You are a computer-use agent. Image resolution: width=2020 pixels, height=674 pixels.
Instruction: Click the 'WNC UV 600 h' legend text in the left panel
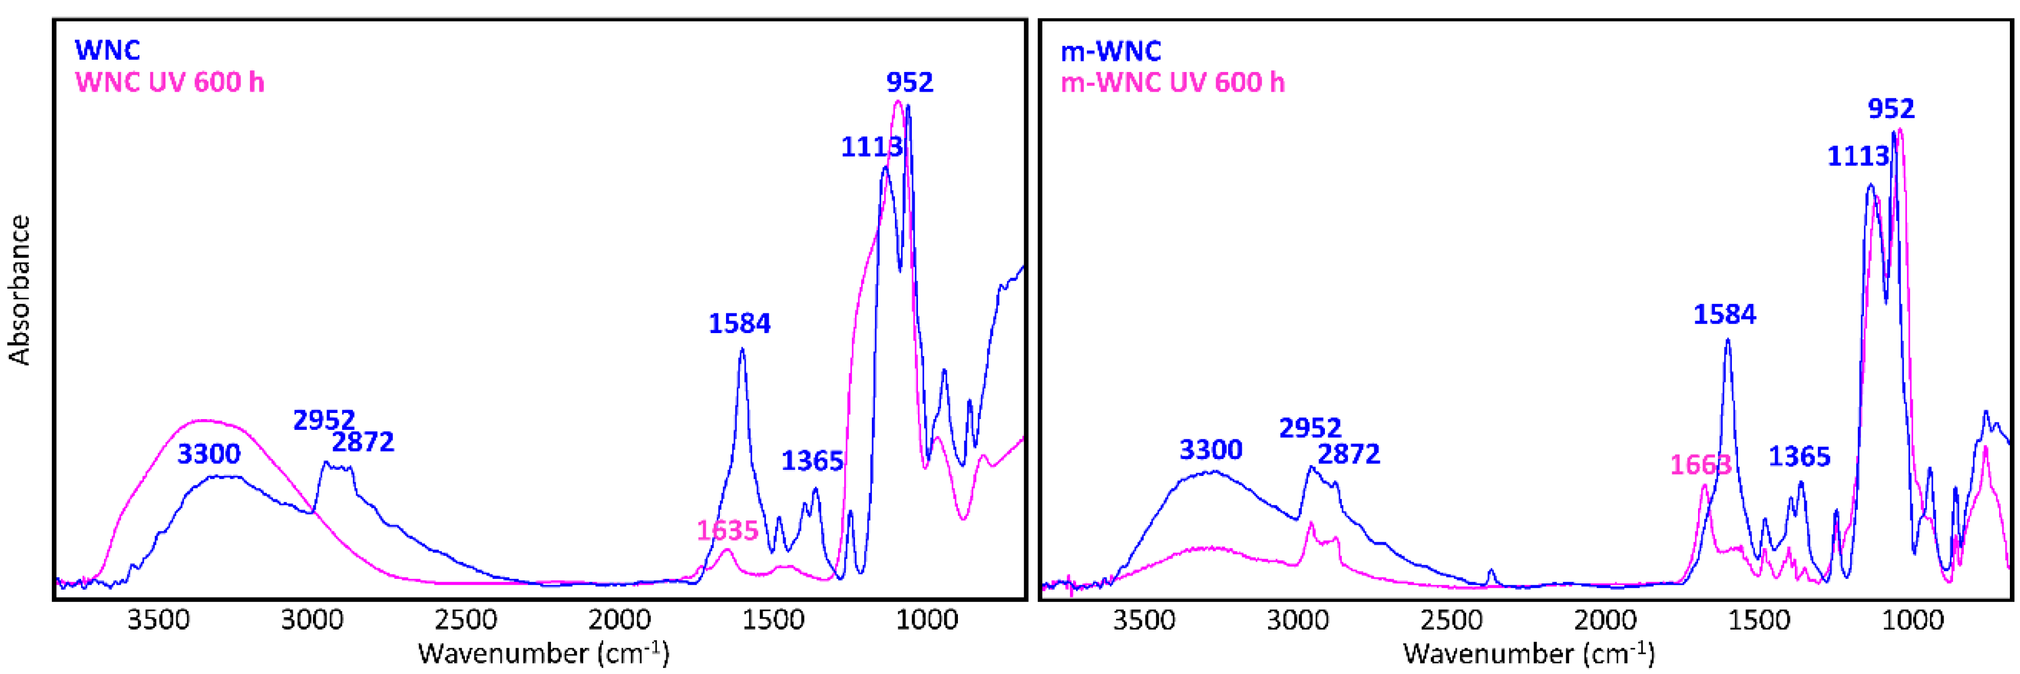tap(169, 82)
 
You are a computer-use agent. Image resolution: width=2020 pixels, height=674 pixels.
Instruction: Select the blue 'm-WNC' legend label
tap(1110, 52)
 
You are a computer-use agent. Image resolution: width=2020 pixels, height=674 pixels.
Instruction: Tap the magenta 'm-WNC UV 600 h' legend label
tap(1172, 82)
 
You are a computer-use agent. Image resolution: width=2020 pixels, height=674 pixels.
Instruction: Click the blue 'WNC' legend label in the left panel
tap(108, 50)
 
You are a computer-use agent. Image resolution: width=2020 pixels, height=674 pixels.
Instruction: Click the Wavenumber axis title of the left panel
tap(544, 653)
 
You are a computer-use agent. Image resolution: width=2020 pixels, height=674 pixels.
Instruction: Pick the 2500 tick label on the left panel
tap(466, 621)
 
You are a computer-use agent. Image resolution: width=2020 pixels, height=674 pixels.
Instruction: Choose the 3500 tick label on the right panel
tap(1144, 621)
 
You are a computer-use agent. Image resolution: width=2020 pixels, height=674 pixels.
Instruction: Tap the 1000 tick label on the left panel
tap(927, 621)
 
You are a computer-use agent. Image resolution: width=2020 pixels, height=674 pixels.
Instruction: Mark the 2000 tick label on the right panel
tap(1605, 621)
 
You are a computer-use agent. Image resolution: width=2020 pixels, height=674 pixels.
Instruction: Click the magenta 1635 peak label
tap(728, 531)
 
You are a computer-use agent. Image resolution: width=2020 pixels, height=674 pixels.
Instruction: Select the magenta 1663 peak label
tap(1700, 465)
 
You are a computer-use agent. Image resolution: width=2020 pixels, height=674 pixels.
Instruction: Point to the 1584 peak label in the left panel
tap(740, 323)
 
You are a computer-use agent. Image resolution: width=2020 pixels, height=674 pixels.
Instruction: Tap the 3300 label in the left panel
tap(209, 454)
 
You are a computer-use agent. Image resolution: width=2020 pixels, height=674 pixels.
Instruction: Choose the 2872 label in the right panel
tap(1349, 455)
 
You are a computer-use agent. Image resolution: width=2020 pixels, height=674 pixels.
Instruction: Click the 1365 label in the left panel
tap(812, 461)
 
